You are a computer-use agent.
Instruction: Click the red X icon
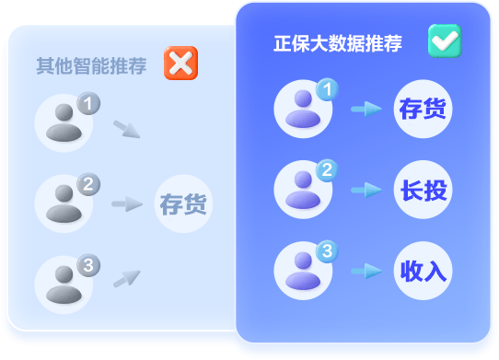click(x=180, y=64)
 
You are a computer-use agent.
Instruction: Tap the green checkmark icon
click(x=445, y=41)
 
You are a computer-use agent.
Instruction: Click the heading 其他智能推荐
click(x=91, y=66)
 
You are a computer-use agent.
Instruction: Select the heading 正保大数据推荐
click(x=338, y=44)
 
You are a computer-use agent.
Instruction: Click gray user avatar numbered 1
click(x=64, y=124)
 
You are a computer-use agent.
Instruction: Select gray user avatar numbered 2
click(x=64, y=203)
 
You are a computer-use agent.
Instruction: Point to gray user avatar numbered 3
click(x=64, y=284)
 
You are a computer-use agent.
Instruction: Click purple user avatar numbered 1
click(x=303, y=110)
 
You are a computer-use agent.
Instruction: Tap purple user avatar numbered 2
click(x=303, y=190)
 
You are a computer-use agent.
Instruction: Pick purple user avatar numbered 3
click(x=303, y=271)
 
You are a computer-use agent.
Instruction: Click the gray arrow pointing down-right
click(x=126, y=129)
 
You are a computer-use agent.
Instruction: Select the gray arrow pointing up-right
click(x=126, y=277)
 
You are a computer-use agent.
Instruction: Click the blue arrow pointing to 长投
click(x=366, y=190)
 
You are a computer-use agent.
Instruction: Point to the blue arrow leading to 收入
click(x=366, y=271)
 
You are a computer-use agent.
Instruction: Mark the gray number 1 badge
click(x=87, y=104)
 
